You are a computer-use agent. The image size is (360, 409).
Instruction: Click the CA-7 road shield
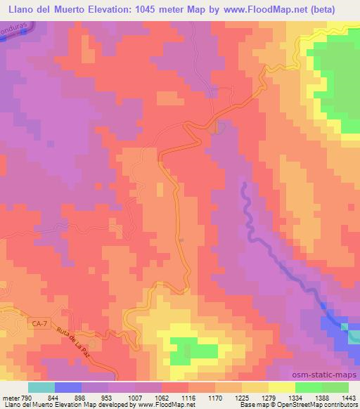click(41, 323)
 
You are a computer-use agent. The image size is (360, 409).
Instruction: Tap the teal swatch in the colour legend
click(41, 387)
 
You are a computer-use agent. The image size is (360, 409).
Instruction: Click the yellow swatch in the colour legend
click(282, 387)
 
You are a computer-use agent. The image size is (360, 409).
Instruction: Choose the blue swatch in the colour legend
click(68, 387)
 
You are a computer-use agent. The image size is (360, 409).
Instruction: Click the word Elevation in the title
click(138, 9)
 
